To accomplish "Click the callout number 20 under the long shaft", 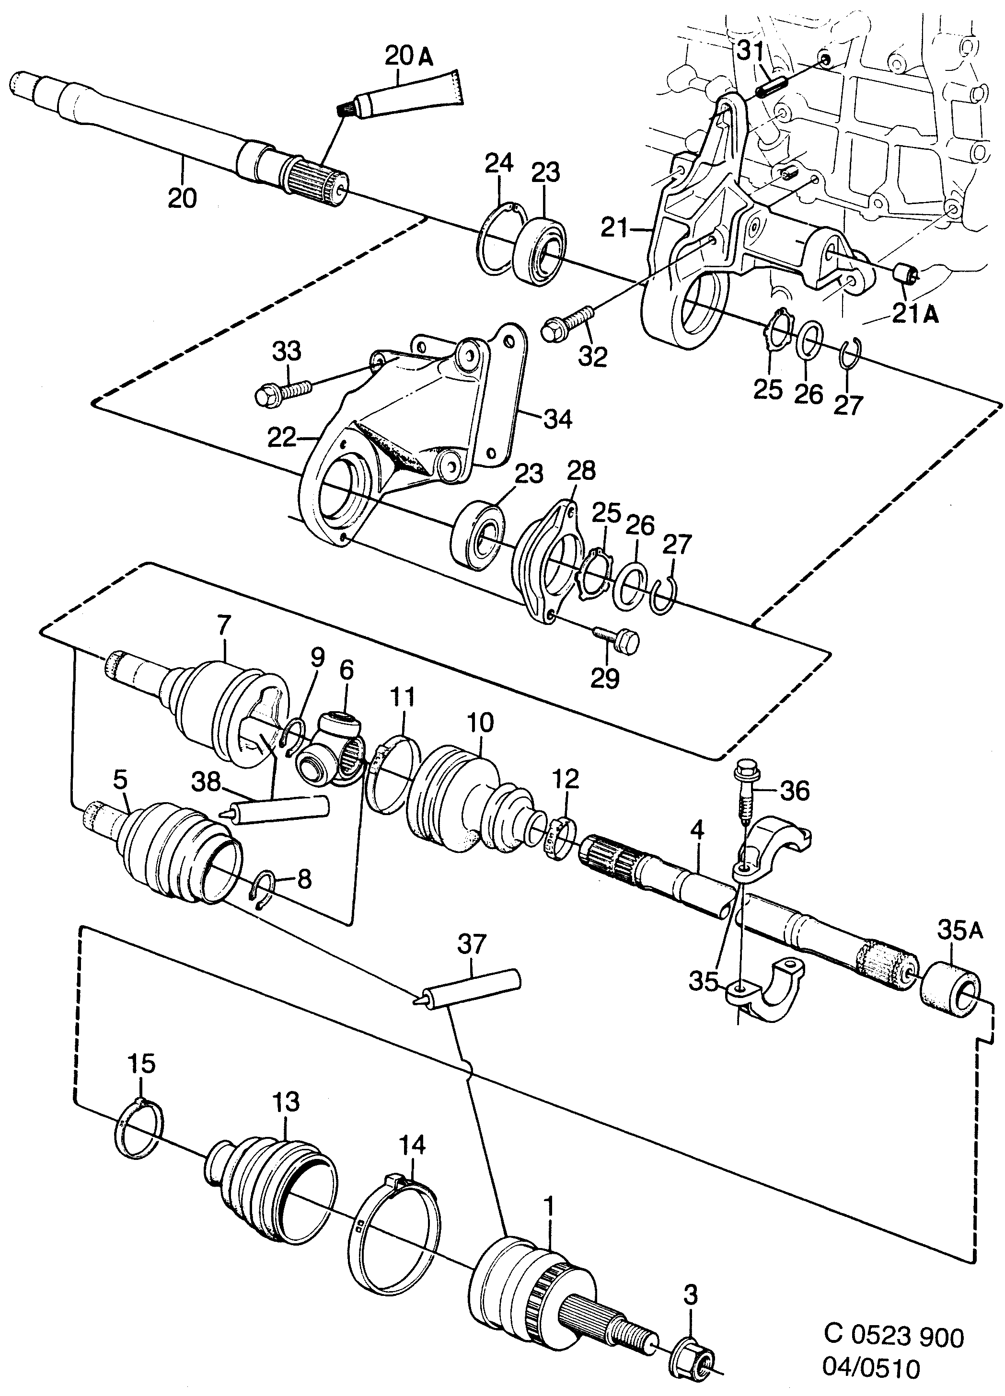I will (182, 198).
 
